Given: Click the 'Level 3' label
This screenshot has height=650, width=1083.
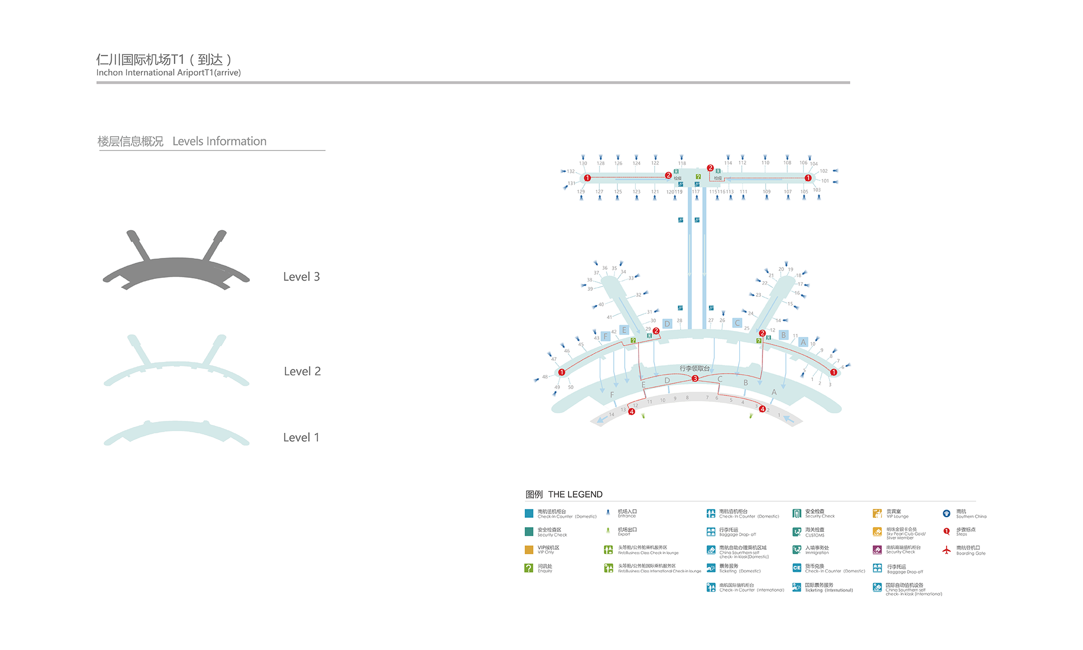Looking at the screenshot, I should tap(301, 277).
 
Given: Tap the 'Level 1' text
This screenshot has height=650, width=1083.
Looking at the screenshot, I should tap(301, 438).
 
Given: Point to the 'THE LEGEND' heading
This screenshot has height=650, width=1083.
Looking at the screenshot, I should tap(575, 495).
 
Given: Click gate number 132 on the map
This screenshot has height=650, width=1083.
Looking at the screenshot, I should tap(571, 171).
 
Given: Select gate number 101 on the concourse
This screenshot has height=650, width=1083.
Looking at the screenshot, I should tap(825, 181).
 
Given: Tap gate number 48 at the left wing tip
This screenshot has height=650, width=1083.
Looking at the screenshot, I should tap(545, 376).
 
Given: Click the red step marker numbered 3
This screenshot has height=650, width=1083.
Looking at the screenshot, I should tap(695, 379).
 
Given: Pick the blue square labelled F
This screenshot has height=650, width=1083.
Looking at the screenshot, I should tap(605, 336).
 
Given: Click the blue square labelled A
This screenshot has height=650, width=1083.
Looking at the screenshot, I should tap(803, 342).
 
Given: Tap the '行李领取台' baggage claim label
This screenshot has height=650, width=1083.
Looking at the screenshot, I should tap(694, 368).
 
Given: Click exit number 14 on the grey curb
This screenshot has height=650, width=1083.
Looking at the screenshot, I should tap(611, 414).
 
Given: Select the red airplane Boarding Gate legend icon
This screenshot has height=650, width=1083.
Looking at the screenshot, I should tap(946, 550).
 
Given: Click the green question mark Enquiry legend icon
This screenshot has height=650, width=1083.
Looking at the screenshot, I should tap(529, 568).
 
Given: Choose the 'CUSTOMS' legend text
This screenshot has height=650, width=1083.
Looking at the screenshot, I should tap(814, 535).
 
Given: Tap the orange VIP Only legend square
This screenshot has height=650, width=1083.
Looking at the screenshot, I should tap(529, 550).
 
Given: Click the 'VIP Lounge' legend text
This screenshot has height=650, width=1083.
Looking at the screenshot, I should tap(897, 516).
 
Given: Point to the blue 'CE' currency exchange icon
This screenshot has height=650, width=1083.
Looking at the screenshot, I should tap(797, 568).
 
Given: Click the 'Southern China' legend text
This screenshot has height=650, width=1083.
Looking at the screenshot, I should tap(971, 516).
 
